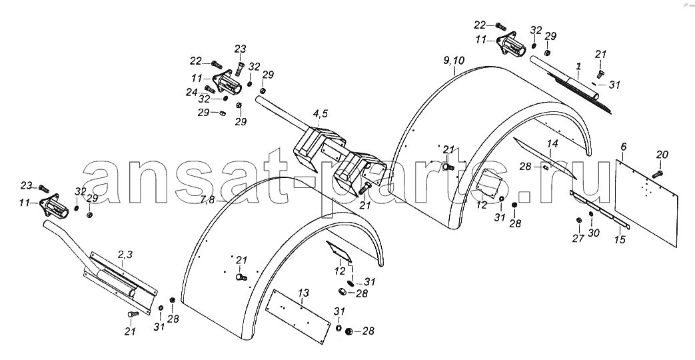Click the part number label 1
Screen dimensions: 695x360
[x=578, y=67]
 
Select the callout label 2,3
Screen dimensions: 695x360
[x=125, y=254]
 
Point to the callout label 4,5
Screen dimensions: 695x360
[x=320, y=113]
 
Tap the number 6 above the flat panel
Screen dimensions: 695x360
[x=624, y=146]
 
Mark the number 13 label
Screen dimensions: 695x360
[x=303, y=293]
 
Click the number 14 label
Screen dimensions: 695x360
[x=552, y=143]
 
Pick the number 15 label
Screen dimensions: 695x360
[x=620, y=239]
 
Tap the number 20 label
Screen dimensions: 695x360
[x=662, y=155]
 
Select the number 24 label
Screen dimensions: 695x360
[x=191, y=92]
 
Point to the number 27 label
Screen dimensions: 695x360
[x=578, y=239]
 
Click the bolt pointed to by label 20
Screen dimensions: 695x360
[x=657, y=174]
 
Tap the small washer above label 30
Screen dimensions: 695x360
[x=591, y=215]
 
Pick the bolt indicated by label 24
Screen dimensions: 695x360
[x=210, y=89]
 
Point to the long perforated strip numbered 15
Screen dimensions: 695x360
[x=599, y=209]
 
